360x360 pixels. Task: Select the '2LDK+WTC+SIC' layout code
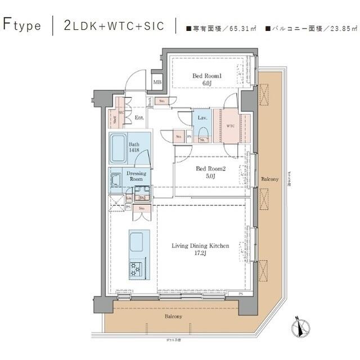coord(114,25)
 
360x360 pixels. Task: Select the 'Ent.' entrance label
coord(140,118)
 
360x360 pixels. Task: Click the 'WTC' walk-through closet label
coord(231,125)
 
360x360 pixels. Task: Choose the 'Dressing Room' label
coord(136,176)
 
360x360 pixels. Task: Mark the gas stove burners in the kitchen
coord(137,269)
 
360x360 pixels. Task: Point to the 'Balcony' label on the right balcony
coord(269,179)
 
